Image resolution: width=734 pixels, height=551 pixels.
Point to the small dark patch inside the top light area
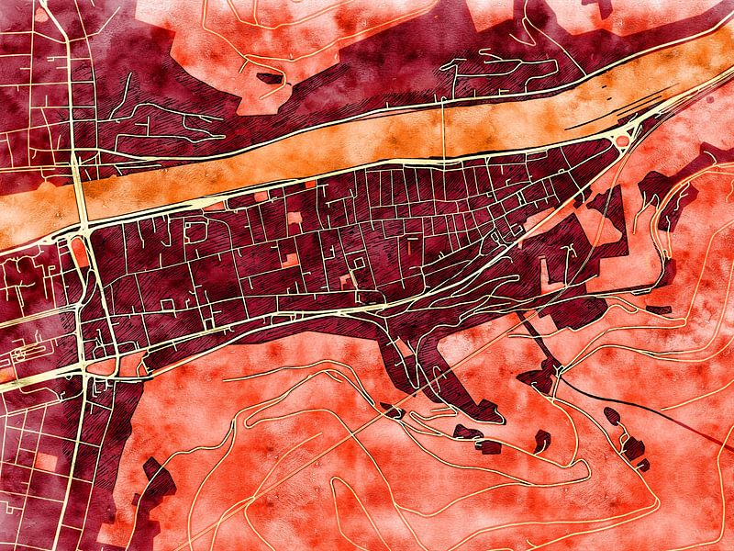(x=270, y=79)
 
